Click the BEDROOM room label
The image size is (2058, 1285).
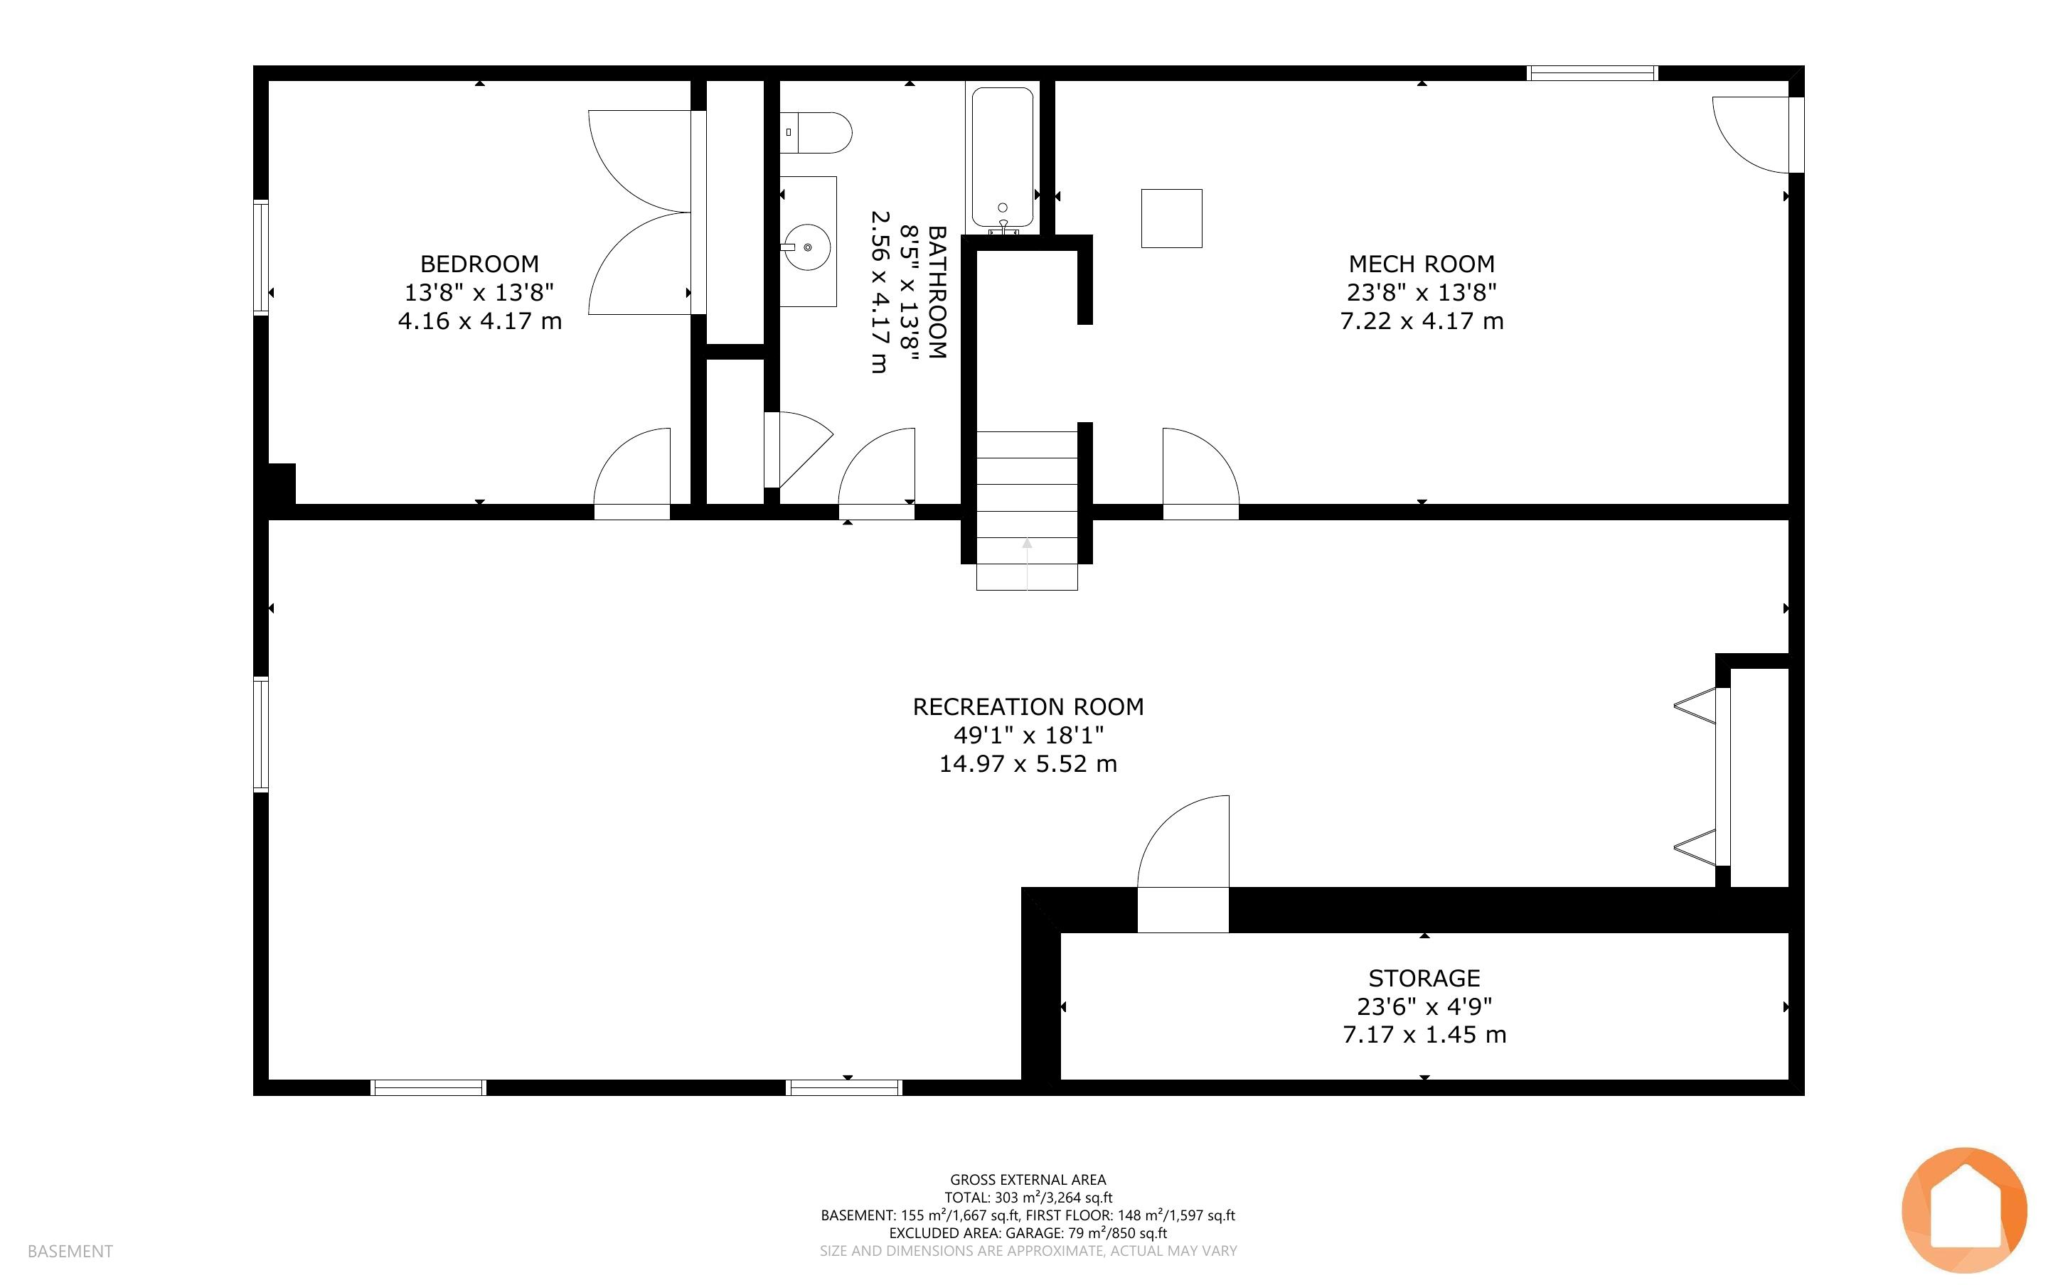[479, 264]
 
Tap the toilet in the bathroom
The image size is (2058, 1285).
[816, 133]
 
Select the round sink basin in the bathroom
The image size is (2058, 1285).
[806, 247]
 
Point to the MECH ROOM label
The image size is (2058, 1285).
[1422, 264]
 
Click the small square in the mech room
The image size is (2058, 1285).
[1171, 218]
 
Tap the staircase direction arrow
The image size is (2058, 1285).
[1027, 564]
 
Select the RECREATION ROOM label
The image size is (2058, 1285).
[1028, 706]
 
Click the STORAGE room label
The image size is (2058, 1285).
[1424, 977]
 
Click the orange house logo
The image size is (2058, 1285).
[1965, 1210]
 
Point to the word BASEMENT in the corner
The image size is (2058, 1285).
[70, 1251]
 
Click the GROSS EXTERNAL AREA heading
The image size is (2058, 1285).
[1028, 1180]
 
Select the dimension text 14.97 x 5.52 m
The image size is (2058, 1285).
[1028, 763]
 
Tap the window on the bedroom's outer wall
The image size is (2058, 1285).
[261, 257]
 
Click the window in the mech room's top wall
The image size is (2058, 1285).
[1592, 73]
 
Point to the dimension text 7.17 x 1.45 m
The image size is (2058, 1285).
[1424, 1034]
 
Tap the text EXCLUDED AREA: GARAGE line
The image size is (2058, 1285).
[1028, 1233]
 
